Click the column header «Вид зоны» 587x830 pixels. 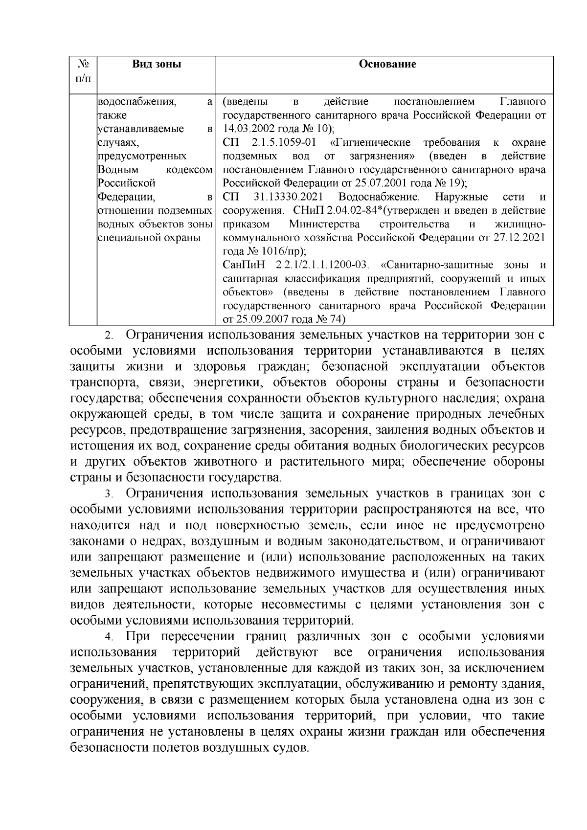tap(157, 64)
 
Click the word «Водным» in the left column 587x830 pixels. tap(118, 170)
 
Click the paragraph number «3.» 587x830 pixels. tap(109, 494)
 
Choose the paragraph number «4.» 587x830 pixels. tap(109, 637)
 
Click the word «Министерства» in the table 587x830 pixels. tap(324, 224)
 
